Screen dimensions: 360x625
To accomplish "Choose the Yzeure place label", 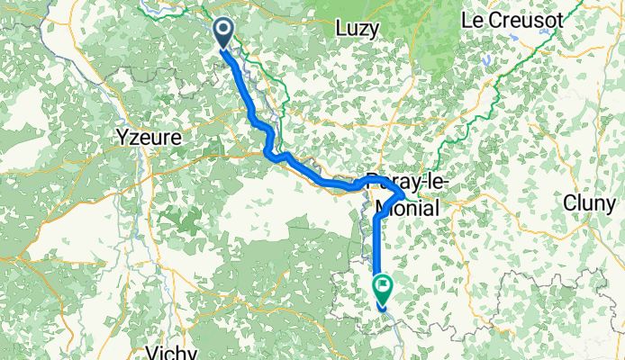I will pos(149,139).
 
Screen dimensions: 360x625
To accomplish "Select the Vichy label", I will pos(173,352).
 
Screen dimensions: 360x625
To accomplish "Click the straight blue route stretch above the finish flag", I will pos(375,243).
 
